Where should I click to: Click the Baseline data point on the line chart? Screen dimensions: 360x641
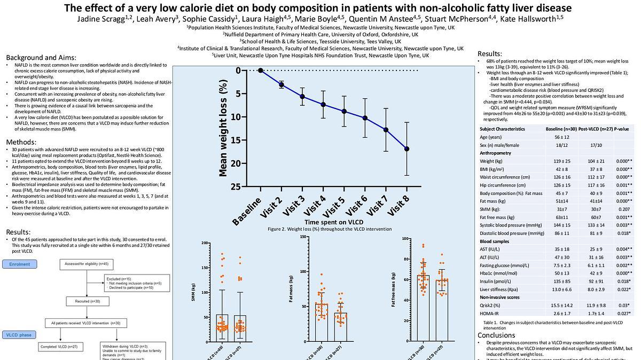[261, 71]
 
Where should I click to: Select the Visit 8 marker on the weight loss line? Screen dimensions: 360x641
[407, 148]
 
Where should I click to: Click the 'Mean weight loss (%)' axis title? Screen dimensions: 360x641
[224, 128]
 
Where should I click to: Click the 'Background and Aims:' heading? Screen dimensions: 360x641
[41, 58]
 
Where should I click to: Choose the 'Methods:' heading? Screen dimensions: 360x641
[22, 142]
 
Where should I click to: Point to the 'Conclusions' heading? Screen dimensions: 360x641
[496, 335]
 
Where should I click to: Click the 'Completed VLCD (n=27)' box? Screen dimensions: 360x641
[60, 347]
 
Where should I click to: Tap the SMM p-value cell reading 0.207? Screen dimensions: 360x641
[622, 209]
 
